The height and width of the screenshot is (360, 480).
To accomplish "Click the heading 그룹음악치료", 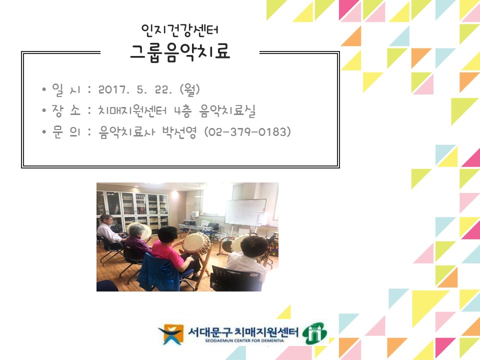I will point(180,51).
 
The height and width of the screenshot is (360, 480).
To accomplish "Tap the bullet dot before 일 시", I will point(44,89).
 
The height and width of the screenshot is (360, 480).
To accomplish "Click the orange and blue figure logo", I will point(170,334).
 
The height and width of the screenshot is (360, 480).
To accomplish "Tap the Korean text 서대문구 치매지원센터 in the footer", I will point(243,330).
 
